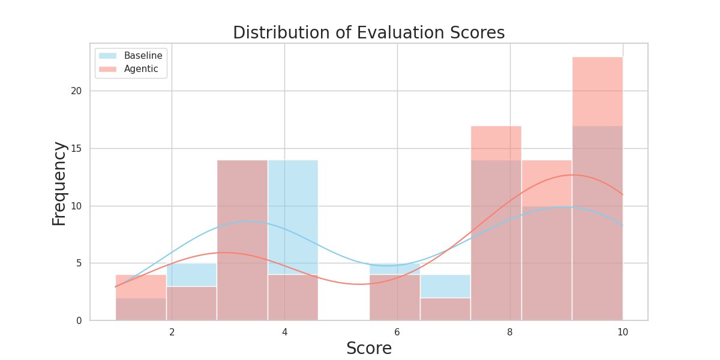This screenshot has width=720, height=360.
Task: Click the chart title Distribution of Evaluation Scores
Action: point(368,32)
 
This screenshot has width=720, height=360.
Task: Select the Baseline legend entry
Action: point(143,56)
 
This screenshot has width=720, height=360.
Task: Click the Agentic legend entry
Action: point(141,69)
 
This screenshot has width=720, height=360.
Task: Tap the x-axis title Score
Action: point(369,348)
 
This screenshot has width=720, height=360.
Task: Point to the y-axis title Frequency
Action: point(59,183)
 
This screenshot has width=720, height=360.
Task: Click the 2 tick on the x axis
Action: point(172,332)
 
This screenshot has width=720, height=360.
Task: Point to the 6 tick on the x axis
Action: point(397,332)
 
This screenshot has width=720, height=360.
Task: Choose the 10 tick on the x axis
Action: point(623,332)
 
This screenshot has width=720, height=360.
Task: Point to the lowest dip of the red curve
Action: point(358,284)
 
